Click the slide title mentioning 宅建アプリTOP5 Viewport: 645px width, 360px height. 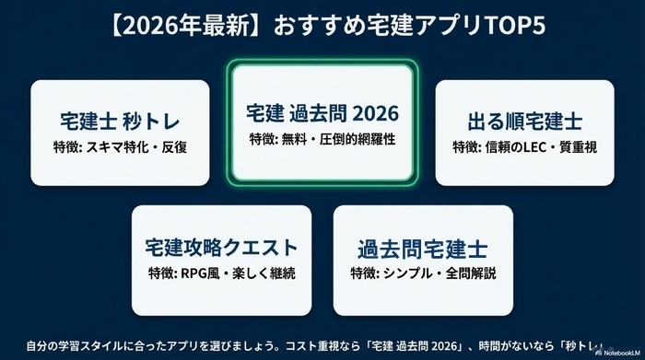[322, 26]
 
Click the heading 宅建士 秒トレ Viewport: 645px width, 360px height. [121, 122]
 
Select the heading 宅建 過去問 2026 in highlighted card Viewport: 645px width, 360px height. [322, 113]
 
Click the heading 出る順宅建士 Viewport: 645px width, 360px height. [523, 122]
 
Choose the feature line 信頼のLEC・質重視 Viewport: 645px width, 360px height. [523, 146]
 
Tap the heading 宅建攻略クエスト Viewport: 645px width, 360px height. [221, 247]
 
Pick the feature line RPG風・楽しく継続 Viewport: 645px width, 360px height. [221, 272]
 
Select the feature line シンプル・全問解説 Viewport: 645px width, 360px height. [422, 273]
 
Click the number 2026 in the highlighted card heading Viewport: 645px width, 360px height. [371, 113]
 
